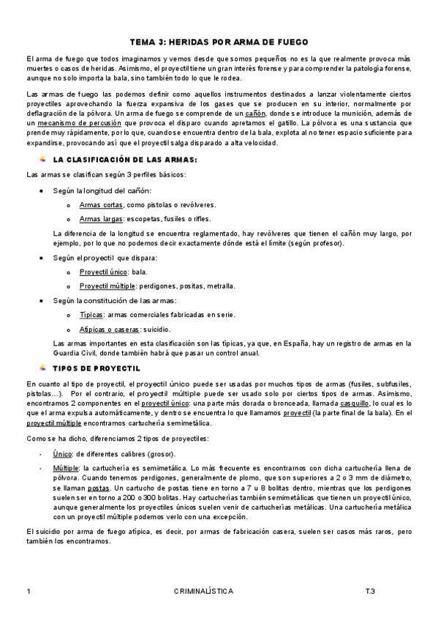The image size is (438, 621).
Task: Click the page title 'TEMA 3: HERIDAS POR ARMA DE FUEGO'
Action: click(x=219, y=43)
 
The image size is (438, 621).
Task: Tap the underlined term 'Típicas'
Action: click(x=91, y=314)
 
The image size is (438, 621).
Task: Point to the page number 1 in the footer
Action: click(x=28, y=590)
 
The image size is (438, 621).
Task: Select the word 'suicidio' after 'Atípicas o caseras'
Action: click(x=156, y=330)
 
